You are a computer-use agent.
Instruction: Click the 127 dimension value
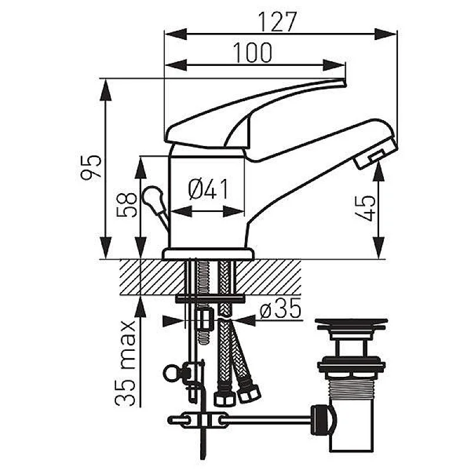pos(277,22)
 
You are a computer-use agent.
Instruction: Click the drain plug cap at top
pos(350,323)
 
